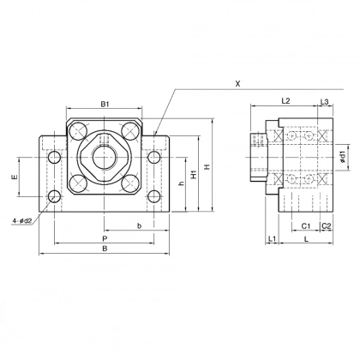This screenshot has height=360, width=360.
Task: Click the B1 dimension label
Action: click(105, 104)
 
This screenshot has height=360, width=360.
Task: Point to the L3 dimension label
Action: click(324, 101)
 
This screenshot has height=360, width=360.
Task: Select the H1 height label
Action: click(195, 174)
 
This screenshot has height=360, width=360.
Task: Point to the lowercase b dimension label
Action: click(139, 226)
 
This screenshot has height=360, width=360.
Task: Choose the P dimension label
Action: click(104, 237)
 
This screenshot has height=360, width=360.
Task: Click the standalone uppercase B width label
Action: click(104, 249)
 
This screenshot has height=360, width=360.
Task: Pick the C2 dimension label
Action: click(327, 225)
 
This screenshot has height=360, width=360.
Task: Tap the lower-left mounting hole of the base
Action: click(55, 196)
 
